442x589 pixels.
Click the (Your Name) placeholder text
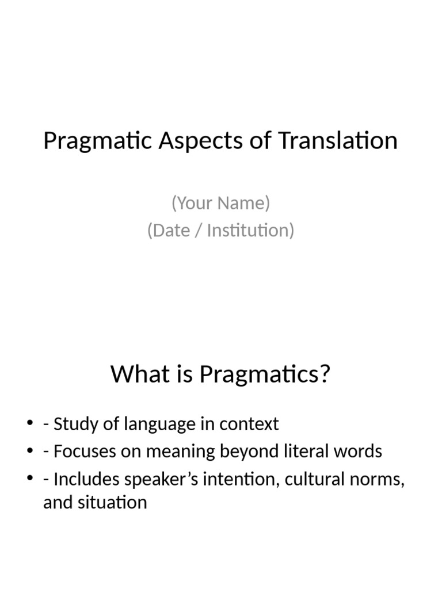click(220, 203)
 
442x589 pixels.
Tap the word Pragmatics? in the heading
click(265, 374)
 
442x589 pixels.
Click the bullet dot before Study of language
click(30, 424)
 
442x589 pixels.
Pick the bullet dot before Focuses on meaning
click(30, 452)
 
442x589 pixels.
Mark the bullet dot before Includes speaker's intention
click(30, 479)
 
